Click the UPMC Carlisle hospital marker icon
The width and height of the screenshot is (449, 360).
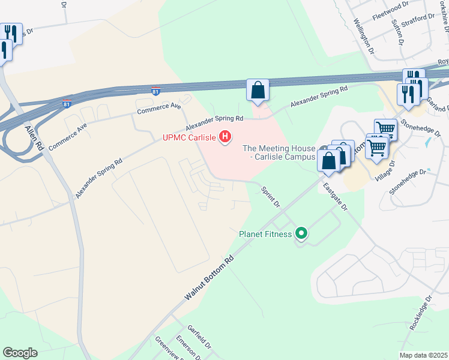(x=225, y=137)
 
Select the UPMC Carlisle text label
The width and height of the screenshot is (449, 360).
(x=190, y=137)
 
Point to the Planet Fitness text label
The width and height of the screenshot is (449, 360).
(x=265, y=234)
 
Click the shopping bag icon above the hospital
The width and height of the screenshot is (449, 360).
(x=258, y=91)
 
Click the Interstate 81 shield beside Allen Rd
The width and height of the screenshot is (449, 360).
(x=67, y=103)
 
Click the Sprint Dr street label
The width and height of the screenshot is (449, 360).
(x=271, y=197)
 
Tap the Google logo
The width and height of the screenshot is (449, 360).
(x=20, y=353)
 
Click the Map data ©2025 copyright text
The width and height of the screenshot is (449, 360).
(x=423, y=355)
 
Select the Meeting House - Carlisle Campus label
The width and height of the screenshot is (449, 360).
(x=279, y=152)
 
